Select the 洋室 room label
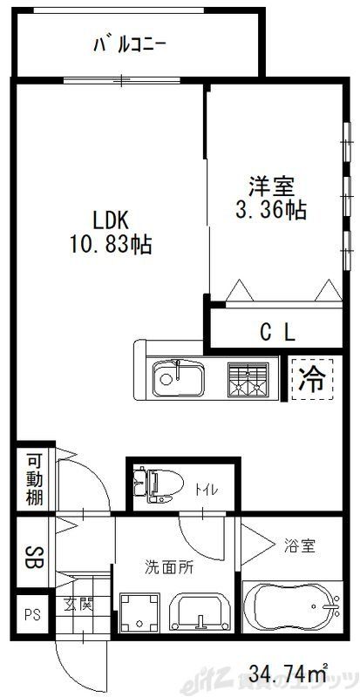click(x=271, y=186)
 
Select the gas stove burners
click(x=247, y=379)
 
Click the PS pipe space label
click(x=32, y=613)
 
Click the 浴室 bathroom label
click(x=299, y=546)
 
